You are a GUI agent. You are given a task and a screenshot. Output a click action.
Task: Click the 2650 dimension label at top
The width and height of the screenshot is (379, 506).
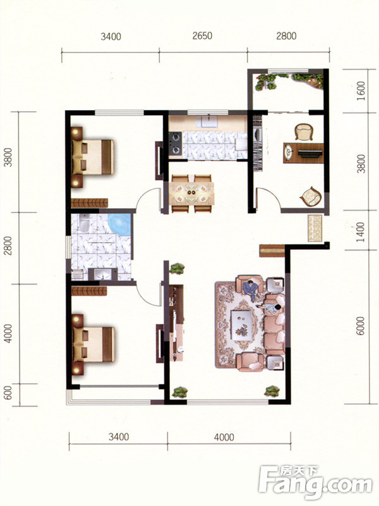point(202,35)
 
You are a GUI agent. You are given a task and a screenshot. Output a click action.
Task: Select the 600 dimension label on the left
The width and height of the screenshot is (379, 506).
point(8,392)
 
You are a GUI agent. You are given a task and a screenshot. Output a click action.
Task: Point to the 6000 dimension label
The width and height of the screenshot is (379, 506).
point(361,326)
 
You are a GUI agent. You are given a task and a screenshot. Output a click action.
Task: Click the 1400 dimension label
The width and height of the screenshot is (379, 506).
point(361,231)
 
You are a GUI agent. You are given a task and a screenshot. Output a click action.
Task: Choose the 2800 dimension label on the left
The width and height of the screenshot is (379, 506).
point(8,246)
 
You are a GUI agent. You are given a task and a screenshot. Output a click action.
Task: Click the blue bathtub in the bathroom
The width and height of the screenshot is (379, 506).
point(119,225)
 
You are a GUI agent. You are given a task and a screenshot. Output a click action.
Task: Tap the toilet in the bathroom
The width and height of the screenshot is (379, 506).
point(85,222)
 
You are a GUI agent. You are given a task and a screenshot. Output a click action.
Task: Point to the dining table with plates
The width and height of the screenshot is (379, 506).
point(191,194)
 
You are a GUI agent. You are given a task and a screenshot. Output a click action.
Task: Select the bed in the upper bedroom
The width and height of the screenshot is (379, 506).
point(93,157)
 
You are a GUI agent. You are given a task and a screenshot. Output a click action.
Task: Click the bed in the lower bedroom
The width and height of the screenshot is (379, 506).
point(93,345)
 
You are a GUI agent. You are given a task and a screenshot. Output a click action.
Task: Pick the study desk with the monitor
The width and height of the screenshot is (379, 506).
point(303,152)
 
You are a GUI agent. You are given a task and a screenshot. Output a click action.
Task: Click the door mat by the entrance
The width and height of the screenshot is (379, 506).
point(315,228)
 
